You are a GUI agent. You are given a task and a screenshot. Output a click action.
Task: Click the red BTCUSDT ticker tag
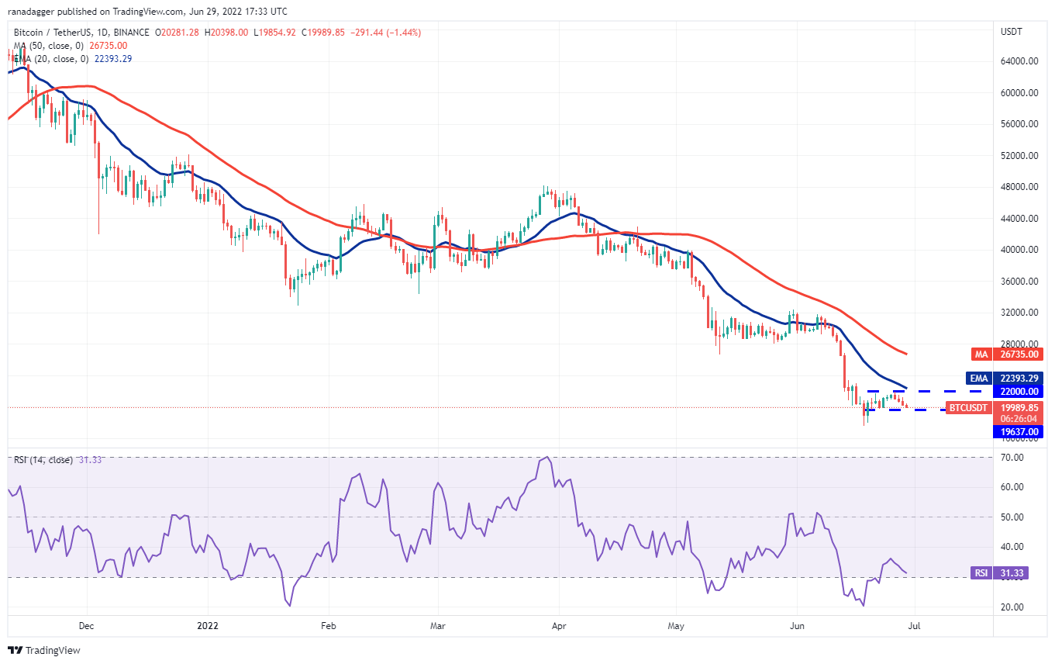[968, 408]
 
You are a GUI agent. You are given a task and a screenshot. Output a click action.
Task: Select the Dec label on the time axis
[86, 624]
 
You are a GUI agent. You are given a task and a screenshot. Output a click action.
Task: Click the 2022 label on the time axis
[207, 624]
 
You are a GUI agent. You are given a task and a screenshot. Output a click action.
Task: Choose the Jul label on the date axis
[915, 624]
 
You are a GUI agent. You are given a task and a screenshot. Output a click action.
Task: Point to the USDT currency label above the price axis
[1012, 32]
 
